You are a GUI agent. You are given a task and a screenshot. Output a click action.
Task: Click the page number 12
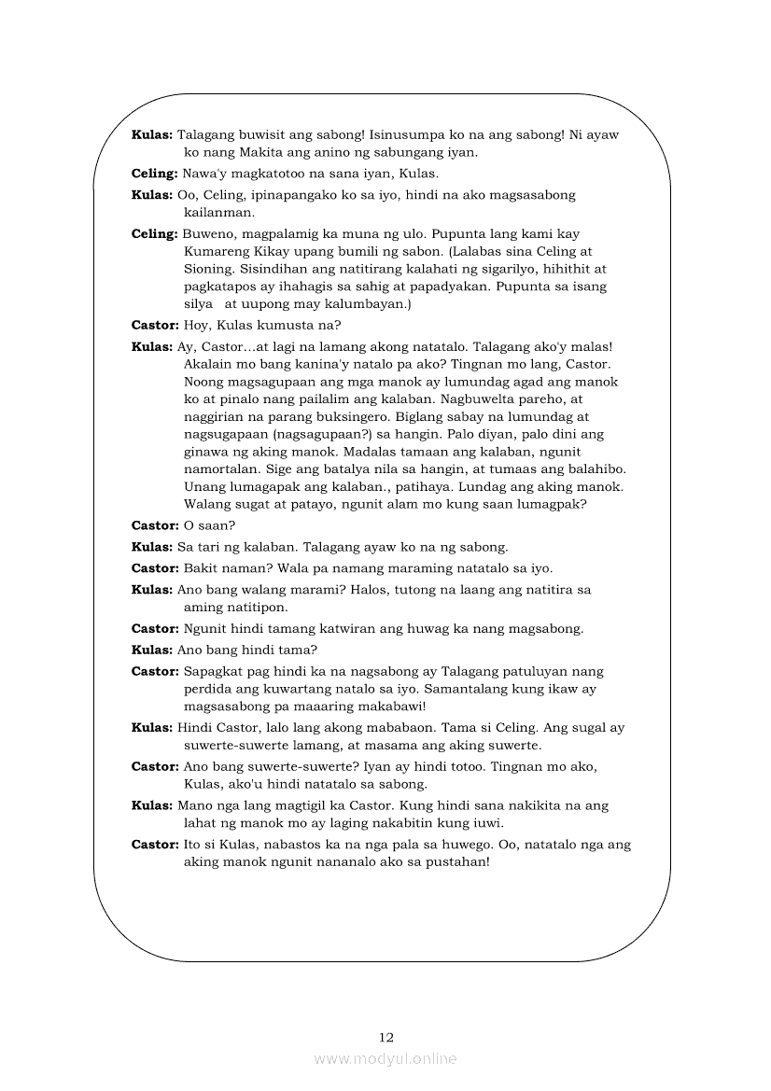[x=386, y=1037]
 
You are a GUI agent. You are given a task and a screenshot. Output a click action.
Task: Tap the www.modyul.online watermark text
[x=385, y=1059]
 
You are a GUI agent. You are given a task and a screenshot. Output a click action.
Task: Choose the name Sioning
[x=210, y=270]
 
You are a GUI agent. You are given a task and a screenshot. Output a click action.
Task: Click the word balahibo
[x=591, y=469]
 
